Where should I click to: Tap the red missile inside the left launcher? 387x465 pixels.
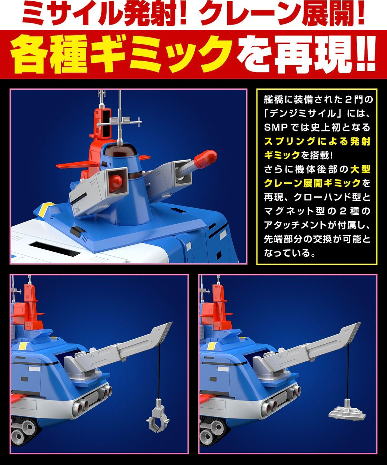pyautogui.click(x=117, y=182)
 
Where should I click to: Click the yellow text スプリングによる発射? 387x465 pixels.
pyautogui.click(x=317, y=141)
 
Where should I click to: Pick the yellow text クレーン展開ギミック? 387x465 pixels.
pyautogui.click(x=312, y=183)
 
